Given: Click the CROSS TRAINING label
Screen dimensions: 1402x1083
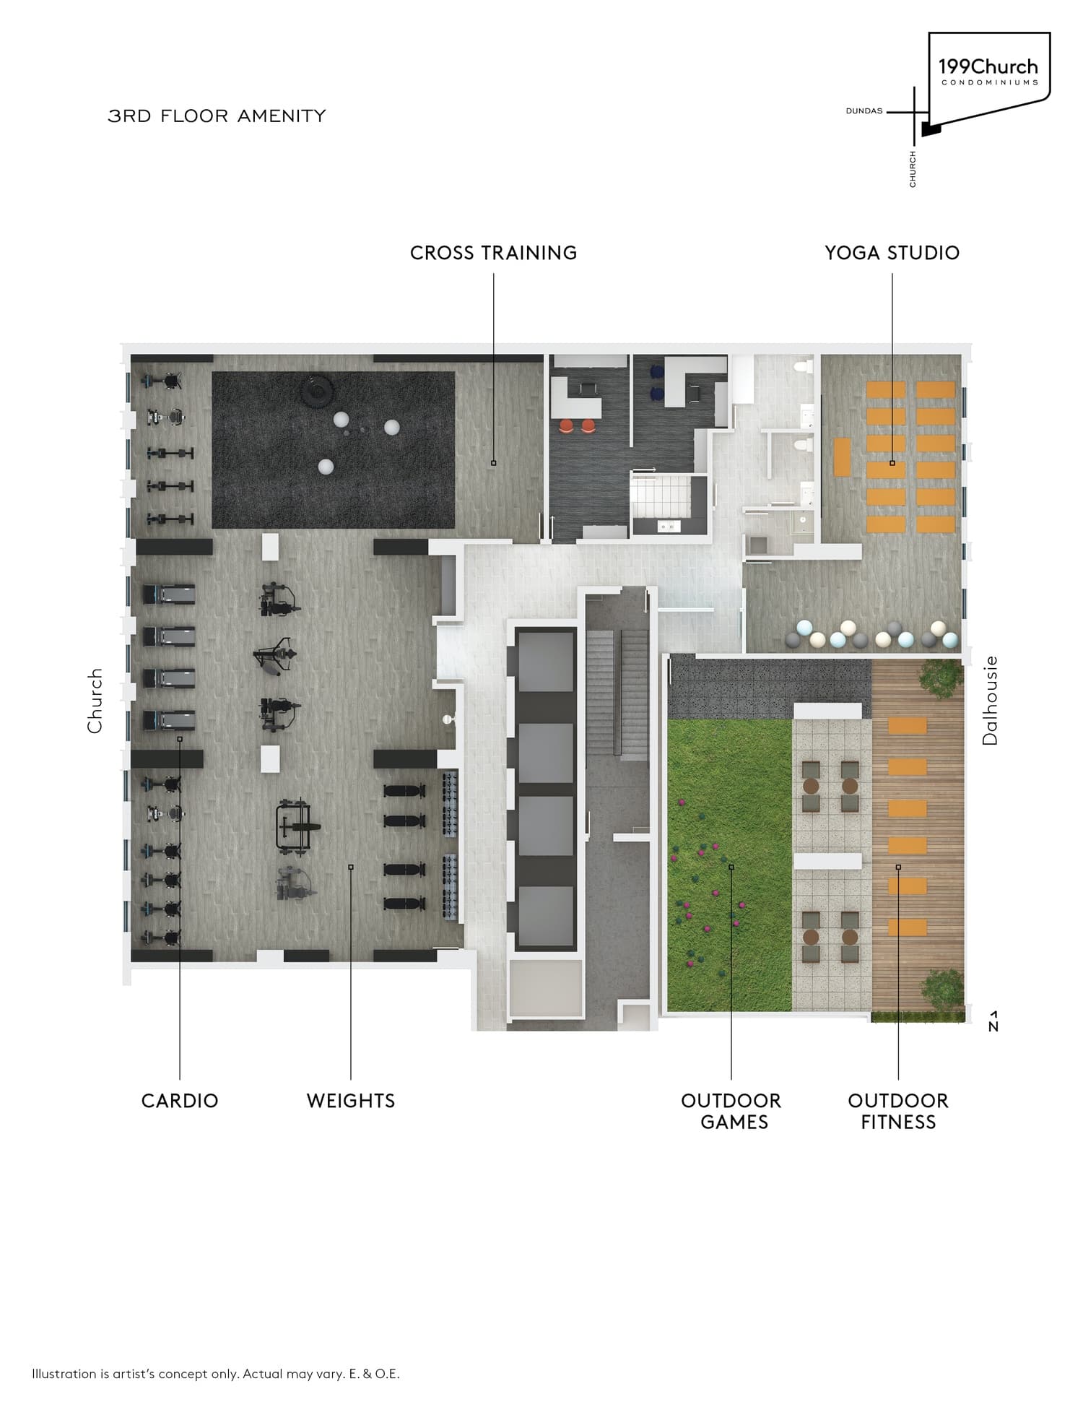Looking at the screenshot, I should (493, 253).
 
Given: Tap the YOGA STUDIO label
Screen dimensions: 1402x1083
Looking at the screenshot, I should (892, 253).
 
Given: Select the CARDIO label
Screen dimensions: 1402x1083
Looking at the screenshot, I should (179, 1101).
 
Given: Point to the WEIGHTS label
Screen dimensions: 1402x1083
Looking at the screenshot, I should (351, 1101).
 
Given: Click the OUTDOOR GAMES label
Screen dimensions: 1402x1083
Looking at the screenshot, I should (731, 1111).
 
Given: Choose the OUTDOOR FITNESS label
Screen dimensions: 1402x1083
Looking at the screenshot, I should (898, 1111).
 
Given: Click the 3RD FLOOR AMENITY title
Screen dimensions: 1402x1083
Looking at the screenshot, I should (217, 116).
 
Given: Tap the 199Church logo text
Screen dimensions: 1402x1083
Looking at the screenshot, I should (988, 67).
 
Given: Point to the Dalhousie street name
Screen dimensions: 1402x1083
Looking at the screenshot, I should (990, 700).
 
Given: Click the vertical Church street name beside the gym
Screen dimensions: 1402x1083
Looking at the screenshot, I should (95, 701).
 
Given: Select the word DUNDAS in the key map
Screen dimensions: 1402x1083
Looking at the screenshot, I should (864, 111).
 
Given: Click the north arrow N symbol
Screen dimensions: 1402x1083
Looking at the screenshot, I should (993, 1021).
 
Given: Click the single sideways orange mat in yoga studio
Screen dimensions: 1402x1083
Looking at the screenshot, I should (842, 456).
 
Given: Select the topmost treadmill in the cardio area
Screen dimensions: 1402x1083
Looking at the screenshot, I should (169, 594).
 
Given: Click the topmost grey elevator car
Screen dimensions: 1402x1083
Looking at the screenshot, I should (546, 660).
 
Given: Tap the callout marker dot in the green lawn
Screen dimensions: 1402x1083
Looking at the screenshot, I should (731, 867).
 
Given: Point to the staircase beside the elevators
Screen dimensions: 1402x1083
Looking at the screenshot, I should (616, 693).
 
